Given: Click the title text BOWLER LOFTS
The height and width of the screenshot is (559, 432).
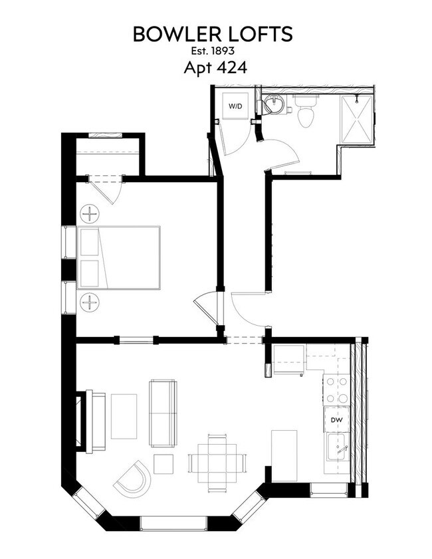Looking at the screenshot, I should pos(213,35).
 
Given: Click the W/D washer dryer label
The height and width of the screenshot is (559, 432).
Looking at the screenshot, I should pos(235,106).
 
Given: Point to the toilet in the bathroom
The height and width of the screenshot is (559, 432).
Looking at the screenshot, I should pos(305,113).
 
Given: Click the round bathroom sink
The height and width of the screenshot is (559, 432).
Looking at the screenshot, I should pos(273,104).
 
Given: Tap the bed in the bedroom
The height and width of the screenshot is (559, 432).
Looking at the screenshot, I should pos(119,258).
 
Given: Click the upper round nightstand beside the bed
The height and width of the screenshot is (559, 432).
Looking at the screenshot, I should pos(89,214).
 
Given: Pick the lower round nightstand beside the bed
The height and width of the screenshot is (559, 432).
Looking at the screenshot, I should pos(89,302).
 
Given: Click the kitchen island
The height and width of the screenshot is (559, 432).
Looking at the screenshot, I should pos(284,455).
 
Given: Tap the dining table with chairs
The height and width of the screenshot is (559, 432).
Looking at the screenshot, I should pos(217,462).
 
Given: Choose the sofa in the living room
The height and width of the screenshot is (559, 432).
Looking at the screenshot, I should pos(163,413).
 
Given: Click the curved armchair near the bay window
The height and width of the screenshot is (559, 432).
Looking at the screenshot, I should pos(132,478).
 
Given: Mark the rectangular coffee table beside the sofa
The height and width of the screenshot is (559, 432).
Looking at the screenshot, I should pos(124,417).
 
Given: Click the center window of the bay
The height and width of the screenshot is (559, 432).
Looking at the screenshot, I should pos(174,523).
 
